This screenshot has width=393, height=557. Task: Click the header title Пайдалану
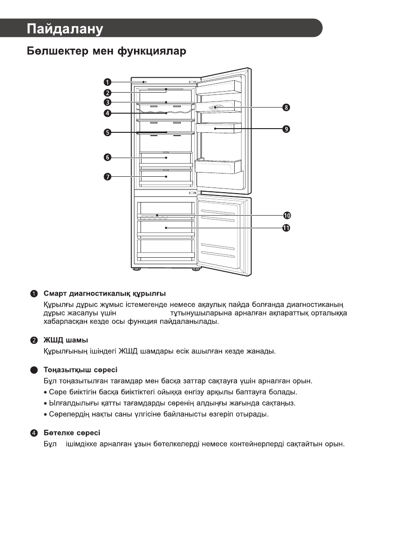pos(65,29)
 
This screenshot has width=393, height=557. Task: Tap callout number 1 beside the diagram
pos(107,82)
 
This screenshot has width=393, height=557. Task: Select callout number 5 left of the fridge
pos(107,132)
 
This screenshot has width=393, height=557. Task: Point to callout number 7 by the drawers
pos(107,176)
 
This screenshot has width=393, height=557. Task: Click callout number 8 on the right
pos(286,108)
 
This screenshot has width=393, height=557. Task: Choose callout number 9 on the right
pos(286,128)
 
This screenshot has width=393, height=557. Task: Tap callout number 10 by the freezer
pos(287,215)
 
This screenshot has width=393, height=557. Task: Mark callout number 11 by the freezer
pos(287,228)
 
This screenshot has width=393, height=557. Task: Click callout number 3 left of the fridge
pos(107,102)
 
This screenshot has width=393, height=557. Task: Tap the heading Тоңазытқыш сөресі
pos(80,370)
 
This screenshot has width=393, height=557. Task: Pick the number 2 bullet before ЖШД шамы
pos(34,340)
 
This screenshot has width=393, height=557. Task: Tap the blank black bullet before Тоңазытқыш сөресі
pos(34,370)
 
